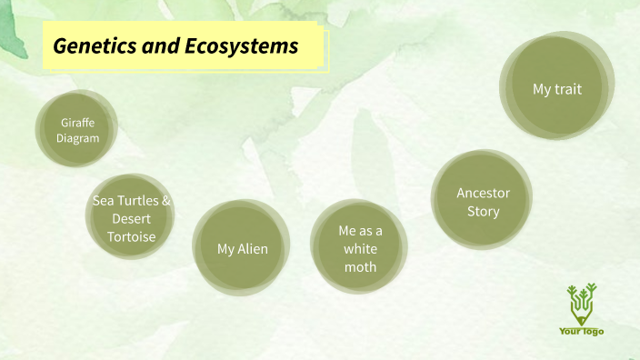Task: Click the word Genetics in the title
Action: (x=91, y=45)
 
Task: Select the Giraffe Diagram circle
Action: (x=77, y=130)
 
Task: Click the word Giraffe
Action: (x=77, y=122)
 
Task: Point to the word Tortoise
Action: (x=132, y=237)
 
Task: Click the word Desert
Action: (x=132, y=219)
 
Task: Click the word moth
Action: (x=360, y=267)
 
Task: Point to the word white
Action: (x=360, y=249)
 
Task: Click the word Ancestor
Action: (x=483, y=193)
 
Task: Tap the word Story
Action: (x=483, y=212)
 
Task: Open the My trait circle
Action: (x=555, y=88)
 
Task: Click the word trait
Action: (x=567, y=89)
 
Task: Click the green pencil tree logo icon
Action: (x=581, y=304)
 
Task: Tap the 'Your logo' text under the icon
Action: (x=581, y=331)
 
